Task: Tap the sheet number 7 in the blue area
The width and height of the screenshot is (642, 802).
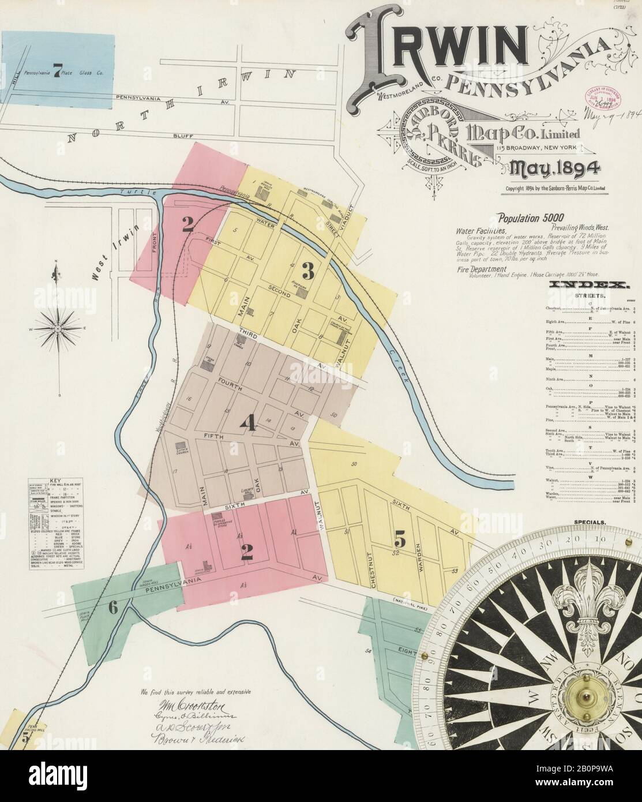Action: tap(57, 72)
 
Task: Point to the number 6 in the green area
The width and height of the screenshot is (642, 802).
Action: tap(112, 606)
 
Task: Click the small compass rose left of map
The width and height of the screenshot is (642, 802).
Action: tap(58, 328)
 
